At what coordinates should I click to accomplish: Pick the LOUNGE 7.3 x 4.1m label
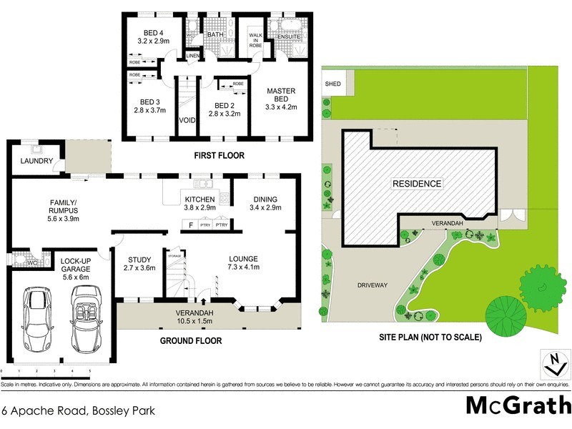click(247, 262)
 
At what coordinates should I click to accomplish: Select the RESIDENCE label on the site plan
click(417, 184)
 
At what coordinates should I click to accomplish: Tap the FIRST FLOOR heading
click(219, 155)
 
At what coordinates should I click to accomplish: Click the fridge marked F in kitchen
click(190, 225)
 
